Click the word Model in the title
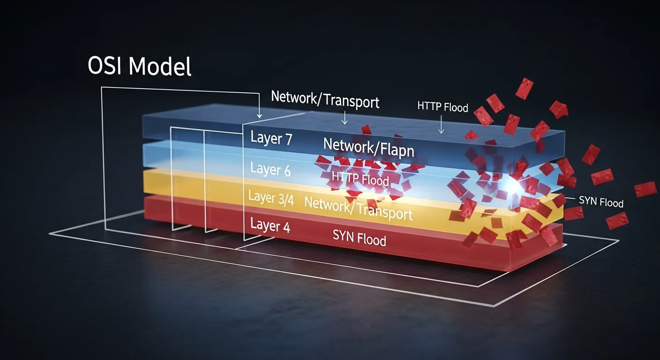[x=160, y=66]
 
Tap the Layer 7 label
[x=271, y=138]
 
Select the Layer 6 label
[x=270, y=169]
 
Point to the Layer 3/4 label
[x=271, y=198]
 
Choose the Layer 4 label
[x=270, y=225]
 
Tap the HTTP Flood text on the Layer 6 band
[x=360, y=178]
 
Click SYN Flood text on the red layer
[x=359, y=238]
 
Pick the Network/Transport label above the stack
[x=325, y=99]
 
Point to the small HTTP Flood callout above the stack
[x=442, y=107]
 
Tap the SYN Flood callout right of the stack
[x=601, y=202]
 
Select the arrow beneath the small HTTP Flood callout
[x=441, y=124]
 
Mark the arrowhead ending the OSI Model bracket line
[x=259, y=115]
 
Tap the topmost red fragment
[x=525, y=89]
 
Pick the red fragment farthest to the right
[x=645, y=189]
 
